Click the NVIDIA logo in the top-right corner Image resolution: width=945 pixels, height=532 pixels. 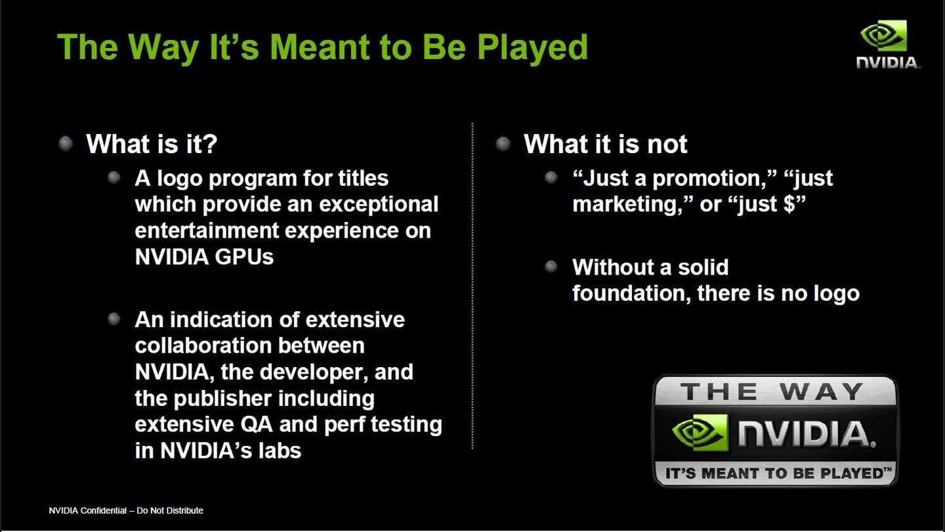coord(888,43)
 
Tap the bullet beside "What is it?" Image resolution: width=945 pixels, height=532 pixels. coord(66,143)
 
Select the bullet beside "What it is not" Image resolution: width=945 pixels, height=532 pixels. coord(503,143)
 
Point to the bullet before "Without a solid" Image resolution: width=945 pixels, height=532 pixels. coord(551,267)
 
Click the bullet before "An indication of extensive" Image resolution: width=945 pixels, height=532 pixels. coord(114,319)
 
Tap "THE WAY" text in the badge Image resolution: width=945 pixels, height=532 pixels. coord(772,392)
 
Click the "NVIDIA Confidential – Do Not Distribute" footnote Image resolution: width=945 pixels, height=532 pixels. coord(126,510)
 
